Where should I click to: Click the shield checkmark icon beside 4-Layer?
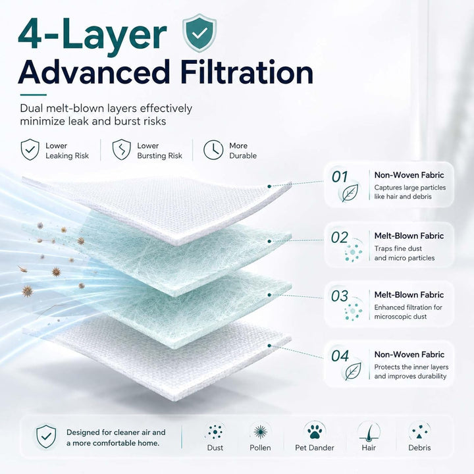tap(199, 33)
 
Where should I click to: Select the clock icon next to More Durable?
tap(213, 149)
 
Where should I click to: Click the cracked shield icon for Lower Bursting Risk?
tap(122, 149)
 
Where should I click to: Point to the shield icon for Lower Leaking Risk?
tap(30, 149)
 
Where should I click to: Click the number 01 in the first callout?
tap(340, 177)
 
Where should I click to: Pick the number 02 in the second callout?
tap(340, 238)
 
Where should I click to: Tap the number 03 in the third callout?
tap(340, 296)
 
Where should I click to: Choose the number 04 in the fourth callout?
tap(340, 356)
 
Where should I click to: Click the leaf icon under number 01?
tap(350, 193)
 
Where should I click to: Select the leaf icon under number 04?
tap(353, 371)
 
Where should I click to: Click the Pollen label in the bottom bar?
tap(260, 448)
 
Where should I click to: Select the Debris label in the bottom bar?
tap(419, 448)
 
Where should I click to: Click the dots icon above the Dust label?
tap(215, 432)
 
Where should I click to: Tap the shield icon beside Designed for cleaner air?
tap(46, 436)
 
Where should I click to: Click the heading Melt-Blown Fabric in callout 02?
tap(409, 236)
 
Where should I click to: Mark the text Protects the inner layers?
tap(411, 367)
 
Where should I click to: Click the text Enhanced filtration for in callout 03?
tap(408, 307)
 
